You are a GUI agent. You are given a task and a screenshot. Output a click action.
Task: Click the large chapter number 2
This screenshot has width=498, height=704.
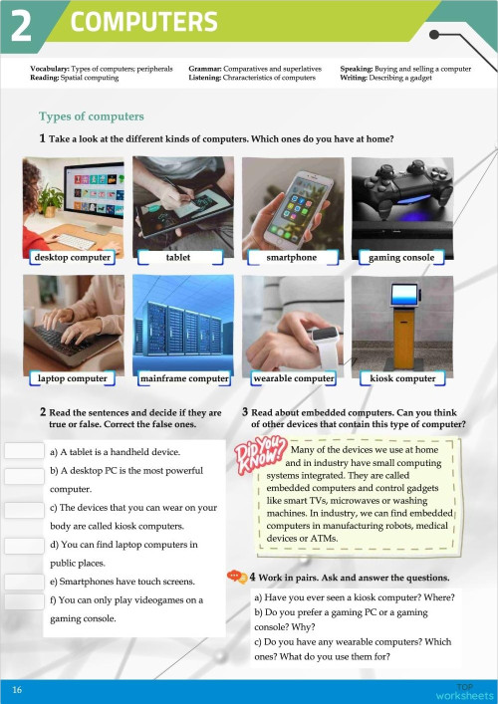click(x=22, y=26)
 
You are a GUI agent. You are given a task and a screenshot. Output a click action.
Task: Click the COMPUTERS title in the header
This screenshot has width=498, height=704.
click(x=144, y=22)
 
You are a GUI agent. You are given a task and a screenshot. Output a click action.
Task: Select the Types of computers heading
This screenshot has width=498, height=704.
click(x=91, y=117)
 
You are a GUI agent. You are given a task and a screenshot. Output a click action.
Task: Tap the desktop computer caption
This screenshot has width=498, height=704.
click(x=71, y=257)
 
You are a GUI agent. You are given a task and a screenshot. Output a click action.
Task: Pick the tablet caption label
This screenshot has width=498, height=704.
click(x=178, y=257)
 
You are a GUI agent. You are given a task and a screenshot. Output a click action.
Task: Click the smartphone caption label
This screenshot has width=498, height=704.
click(x=292, y=257)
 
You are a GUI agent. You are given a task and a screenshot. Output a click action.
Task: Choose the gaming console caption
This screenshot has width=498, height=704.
click(x=401, y=257)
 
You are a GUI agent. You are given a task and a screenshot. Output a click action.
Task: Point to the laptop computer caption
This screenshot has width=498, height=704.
click(x=72, y=378)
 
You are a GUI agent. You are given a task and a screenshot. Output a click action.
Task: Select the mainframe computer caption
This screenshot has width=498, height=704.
click(x=184, y=378)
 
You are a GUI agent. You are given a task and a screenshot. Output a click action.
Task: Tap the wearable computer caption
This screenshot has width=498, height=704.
click(x=294, y=378)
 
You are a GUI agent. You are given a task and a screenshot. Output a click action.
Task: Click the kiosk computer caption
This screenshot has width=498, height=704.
click(x=402, y=378)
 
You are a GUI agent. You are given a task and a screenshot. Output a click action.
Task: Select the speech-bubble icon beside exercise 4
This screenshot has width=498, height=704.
click(x=236, y=576)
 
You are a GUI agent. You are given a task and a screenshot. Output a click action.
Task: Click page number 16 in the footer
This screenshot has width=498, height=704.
click(x=17, y=689)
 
